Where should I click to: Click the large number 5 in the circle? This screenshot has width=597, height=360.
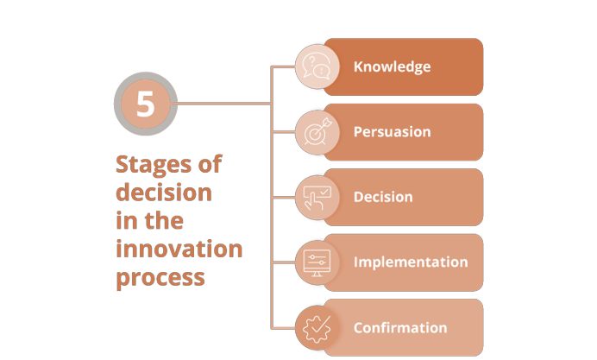click(146, 104)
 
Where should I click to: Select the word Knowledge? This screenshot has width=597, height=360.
click(393, 66)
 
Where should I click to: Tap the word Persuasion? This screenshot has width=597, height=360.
click(393, 132)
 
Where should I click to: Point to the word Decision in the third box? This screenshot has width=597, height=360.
click(383, 197)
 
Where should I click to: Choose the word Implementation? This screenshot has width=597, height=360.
click(411, 262)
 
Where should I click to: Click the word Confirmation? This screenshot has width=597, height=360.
click(400, 327)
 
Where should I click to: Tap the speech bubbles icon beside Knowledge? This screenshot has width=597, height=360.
click(316, 66)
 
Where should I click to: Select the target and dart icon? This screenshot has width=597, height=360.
click(317, 132)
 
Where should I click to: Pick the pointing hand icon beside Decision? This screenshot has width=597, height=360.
click(317, 198)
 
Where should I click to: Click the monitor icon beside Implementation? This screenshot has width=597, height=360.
click(317, 262)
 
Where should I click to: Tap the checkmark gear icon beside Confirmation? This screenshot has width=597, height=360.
click(317, 328)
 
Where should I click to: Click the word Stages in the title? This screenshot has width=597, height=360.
click(154, 166)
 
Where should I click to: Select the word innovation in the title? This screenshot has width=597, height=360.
click(179, 249)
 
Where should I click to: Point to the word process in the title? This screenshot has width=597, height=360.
click(160, 278)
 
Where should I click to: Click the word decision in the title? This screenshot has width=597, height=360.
click(164, 192)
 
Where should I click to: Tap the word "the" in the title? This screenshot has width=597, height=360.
click(164, 220)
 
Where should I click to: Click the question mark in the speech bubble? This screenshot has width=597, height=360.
click(312, 61)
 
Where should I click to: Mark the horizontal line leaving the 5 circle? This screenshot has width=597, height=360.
click(224, 104)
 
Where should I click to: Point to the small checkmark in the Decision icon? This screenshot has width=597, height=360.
click(324, 193)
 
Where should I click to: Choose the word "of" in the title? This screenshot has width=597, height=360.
click(210, 164)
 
